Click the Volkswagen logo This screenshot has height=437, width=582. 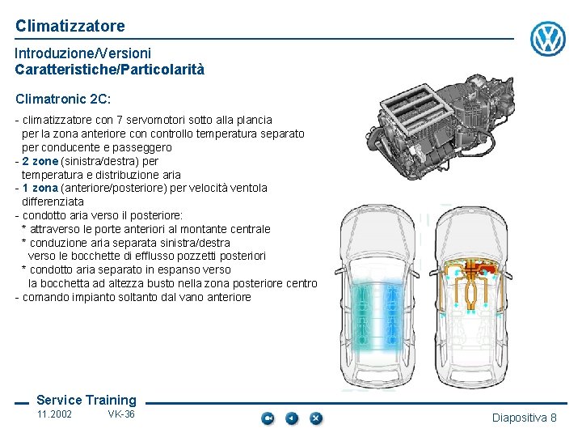coord(548,39)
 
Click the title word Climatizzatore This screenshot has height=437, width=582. coord(70,26)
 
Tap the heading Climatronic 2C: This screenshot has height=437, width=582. coord(63,100)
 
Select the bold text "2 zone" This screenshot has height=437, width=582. coord(40,161)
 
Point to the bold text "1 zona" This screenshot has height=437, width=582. coord(40,188)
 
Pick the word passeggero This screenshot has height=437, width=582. coord(141,148)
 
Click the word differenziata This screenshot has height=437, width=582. coord(53,202)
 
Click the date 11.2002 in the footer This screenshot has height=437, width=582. coord(54,414)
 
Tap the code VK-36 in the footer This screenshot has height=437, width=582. coord(121,414)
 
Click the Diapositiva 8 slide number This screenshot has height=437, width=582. coord(525,418)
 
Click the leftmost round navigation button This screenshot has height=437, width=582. coord(268,418)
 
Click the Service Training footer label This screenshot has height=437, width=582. coord(86,401)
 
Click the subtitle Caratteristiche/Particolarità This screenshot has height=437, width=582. coord(109,70)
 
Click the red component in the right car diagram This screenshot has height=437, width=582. coord(487,269)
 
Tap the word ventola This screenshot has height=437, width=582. coord(248,188)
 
